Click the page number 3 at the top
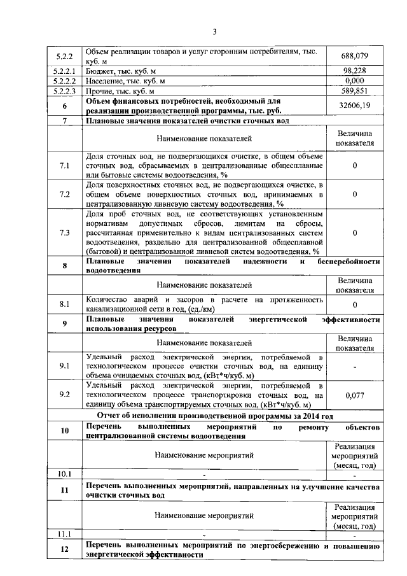pyautogui.click(x=214, y=32)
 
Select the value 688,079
pyautogui.click(x=354, y=57)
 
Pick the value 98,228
pyautogui.click(x=354, y=71)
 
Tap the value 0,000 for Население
pyautogui.click(x=354, y=81)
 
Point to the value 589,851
pyautogui.click(x=354, y=91)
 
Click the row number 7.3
pyautogui.click(x=64, y=233)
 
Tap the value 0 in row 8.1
pyautogui.click(x=354, y=305)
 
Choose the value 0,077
pyautogui.click(x=354, y=395)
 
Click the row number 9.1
pyautogui.click(x=64, y=366)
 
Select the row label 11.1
pyautogui.click(x=64, y=534)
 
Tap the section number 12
pyautogui.click(x=64, y=550)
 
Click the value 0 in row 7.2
pyautogui.click(x=354, y=194)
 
